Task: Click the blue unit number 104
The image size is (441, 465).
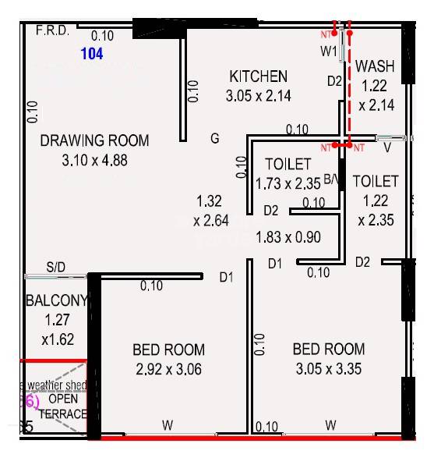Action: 91,54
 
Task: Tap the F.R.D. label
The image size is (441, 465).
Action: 53,32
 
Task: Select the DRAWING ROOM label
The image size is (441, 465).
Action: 94,140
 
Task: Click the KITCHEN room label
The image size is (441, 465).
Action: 258,76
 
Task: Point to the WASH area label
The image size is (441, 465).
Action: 375,67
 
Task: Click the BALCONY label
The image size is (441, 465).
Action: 58,301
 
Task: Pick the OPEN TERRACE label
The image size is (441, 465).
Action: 64,406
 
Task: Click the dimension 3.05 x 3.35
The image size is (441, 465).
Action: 328,368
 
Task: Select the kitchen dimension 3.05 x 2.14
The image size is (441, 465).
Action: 258,97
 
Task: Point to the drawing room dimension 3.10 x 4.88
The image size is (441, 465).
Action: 93,161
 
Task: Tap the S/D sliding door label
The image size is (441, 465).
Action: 56,268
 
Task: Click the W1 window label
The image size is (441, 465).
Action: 328,51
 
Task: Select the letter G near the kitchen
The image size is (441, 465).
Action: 214,139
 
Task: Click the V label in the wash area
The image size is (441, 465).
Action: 386,146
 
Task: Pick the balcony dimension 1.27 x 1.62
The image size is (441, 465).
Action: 58,329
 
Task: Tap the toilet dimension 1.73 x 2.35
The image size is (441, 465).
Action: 288,184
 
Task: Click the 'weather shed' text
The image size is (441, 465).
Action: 58,385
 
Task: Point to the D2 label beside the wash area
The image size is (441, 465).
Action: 334,80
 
